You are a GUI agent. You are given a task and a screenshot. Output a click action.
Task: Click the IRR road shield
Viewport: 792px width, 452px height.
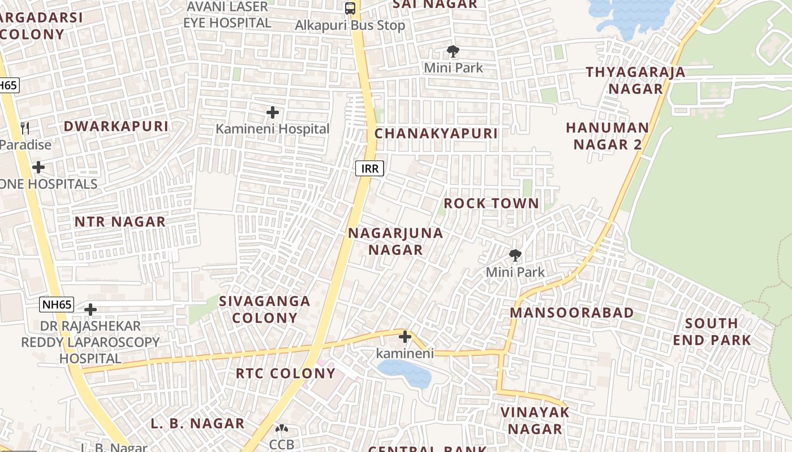(370, 168)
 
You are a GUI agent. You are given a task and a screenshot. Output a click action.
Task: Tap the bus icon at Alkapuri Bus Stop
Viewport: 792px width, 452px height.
(350, 8)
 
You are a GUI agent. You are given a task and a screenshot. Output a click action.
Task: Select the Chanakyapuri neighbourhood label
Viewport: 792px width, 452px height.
(436, 134)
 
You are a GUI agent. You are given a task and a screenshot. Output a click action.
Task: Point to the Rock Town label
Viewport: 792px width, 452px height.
(491, 203)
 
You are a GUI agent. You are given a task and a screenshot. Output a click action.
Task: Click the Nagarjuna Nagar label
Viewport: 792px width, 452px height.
(395, 241)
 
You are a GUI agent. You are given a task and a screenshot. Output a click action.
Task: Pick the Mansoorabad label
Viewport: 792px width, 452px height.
(572, 312)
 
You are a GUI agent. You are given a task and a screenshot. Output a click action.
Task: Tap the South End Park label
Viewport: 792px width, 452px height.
(712, 332)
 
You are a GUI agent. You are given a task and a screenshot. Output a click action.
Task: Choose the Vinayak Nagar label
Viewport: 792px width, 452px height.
(535, 420)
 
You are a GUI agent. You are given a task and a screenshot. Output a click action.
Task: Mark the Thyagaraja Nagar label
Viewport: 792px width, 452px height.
(635, 80)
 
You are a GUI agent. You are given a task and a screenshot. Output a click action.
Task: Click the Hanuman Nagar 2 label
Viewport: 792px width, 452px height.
(608, 136)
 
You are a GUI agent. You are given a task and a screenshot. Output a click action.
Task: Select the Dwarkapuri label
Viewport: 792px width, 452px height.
(116, 127)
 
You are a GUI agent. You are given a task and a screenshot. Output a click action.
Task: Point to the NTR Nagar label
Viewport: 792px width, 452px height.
(120, 222)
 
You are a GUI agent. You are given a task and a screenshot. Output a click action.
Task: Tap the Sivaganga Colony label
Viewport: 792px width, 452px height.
(265, 309)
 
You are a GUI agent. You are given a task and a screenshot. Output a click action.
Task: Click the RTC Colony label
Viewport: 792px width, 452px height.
(286, 373)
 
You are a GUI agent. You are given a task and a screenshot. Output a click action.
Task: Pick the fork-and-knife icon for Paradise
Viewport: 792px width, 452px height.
(25, 128)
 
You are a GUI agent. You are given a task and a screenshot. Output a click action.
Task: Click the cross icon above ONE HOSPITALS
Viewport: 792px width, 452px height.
(38, 167)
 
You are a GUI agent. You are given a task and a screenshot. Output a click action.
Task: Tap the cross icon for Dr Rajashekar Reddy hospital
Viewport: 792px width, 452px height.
(91, 310)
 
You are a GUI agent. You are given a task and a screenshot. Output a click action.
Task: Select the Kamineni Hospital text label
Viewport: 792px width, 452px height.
(272, 129)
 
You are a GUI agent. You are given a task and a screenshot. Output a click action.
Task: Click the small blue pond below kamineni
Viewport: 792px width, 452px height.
(404, 373)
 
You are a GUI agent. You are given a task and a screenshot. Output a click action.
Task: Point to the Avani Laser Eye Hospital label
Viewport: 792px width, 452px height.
(227, 15)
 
